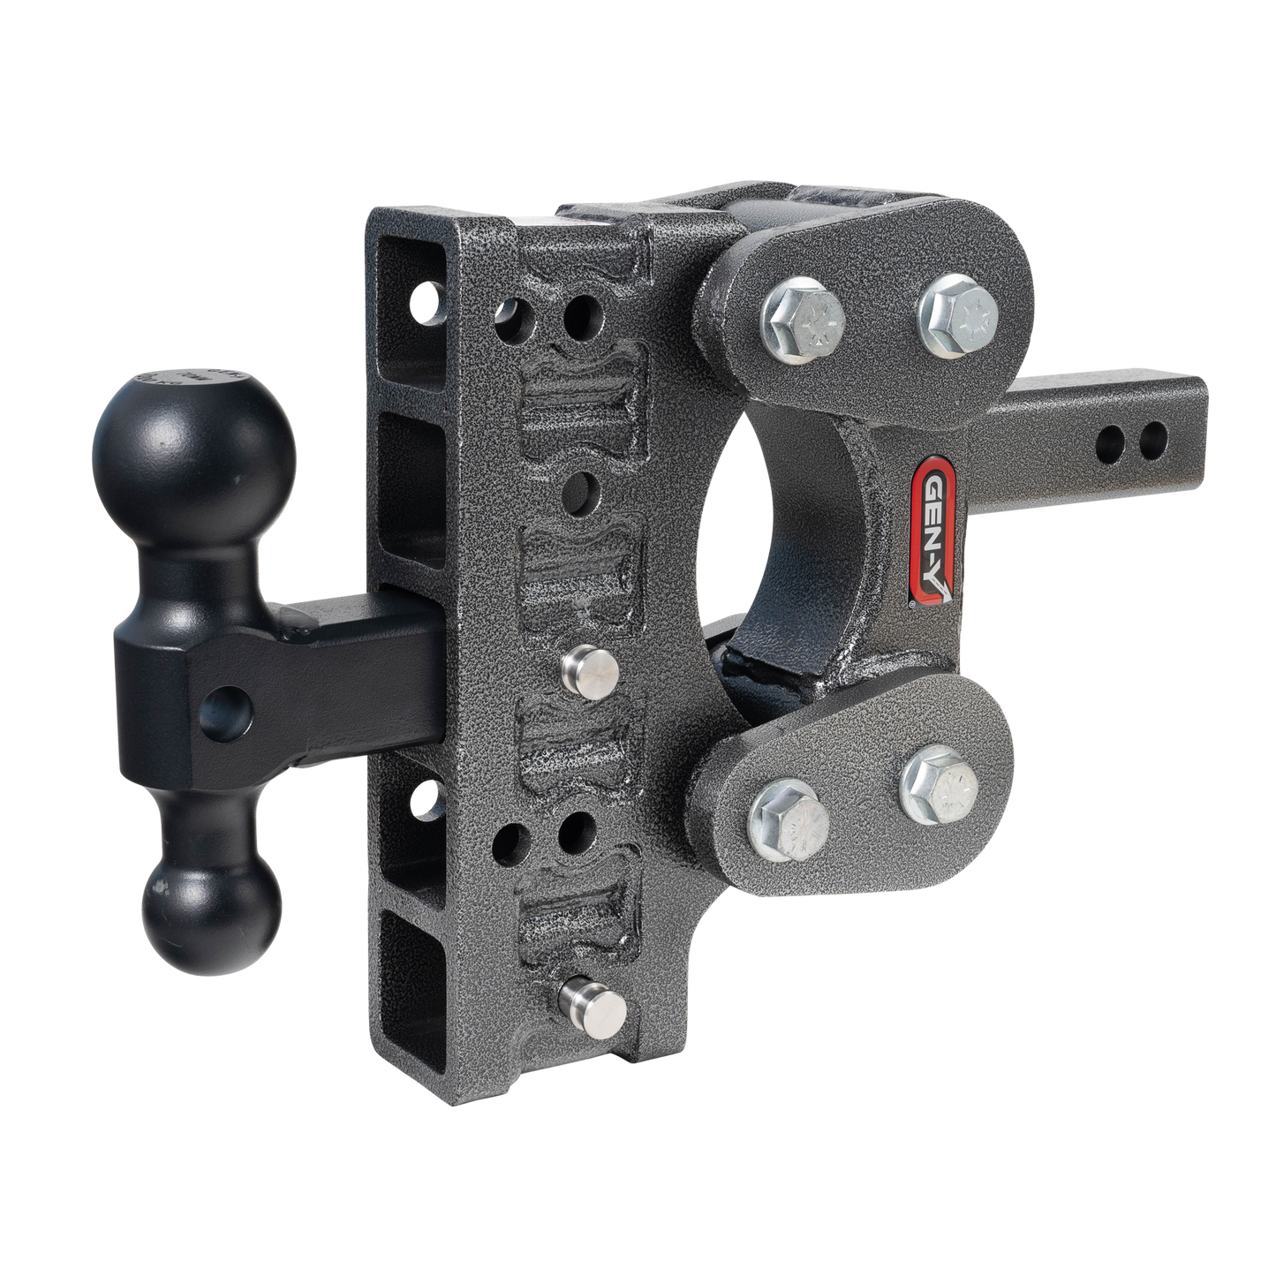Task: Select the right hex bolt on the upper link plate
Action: (955, 311)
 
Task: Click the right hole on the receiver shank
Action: (1149, 436)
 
